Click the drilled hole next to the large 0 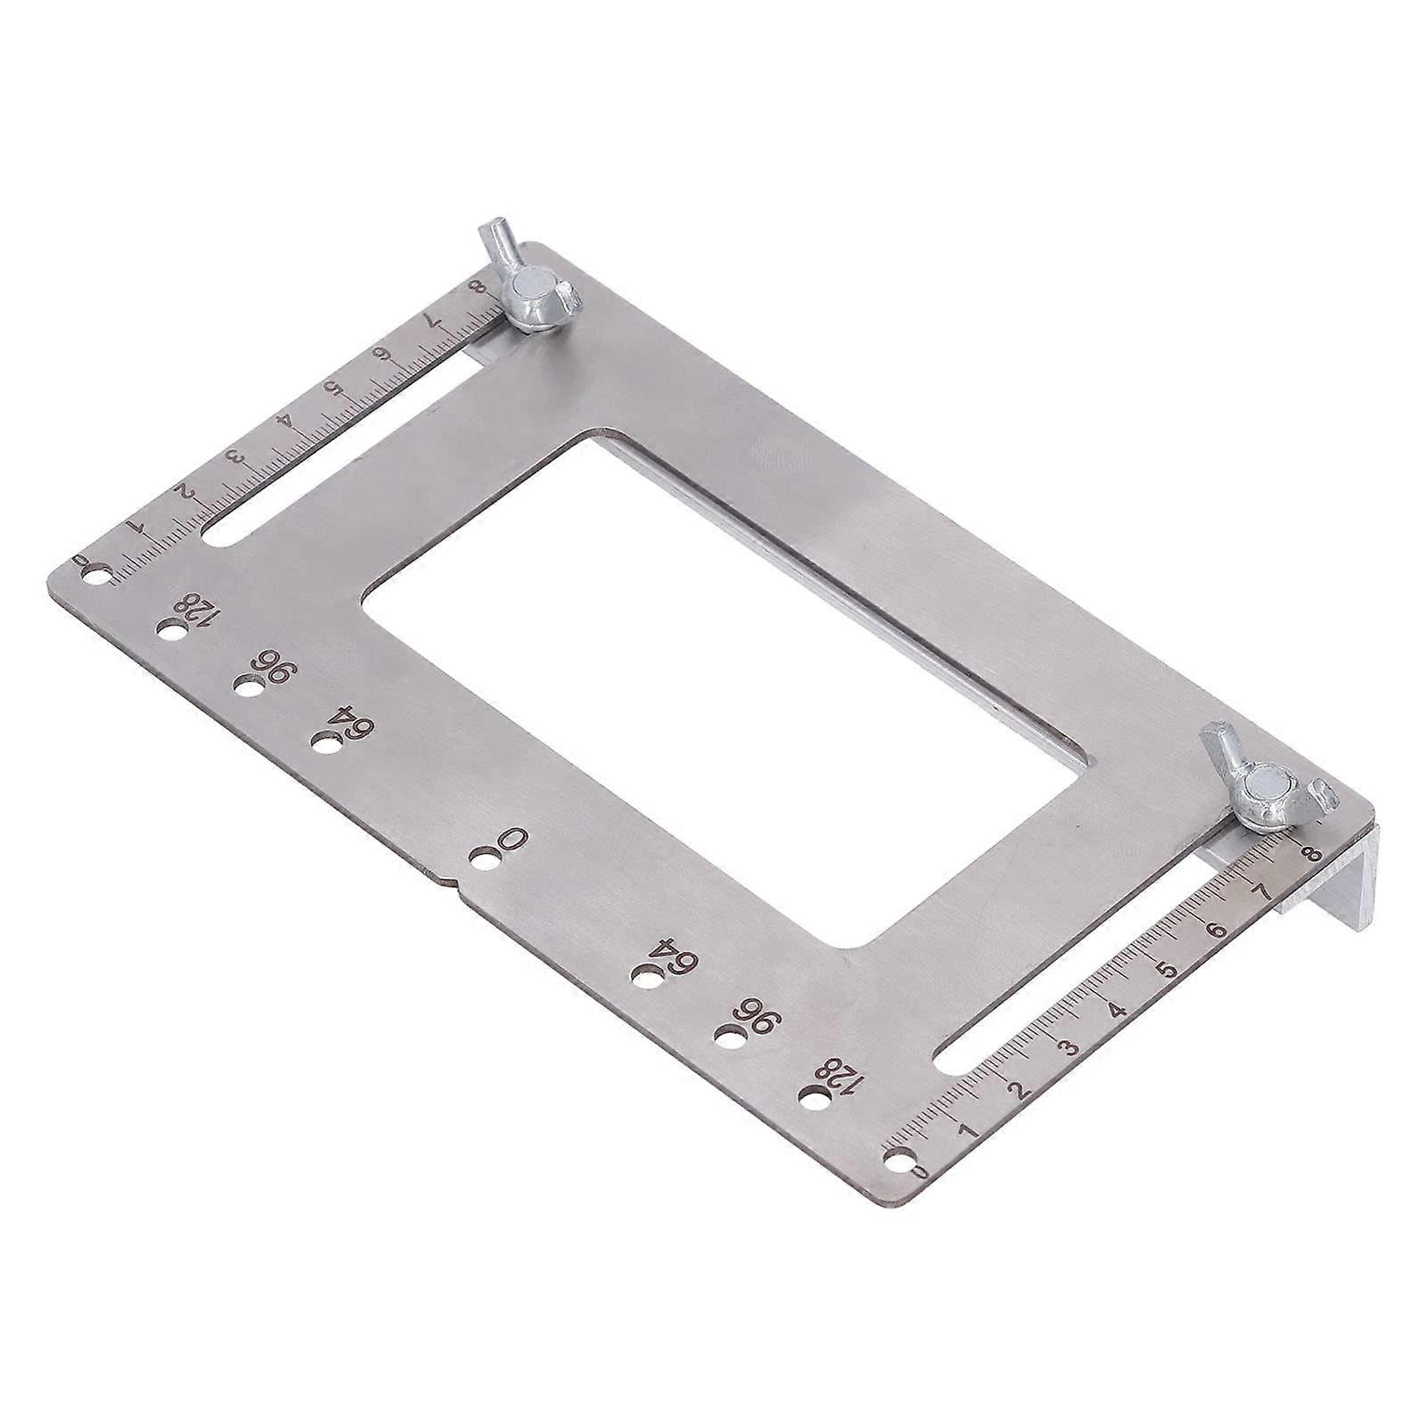click(486, 860)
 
